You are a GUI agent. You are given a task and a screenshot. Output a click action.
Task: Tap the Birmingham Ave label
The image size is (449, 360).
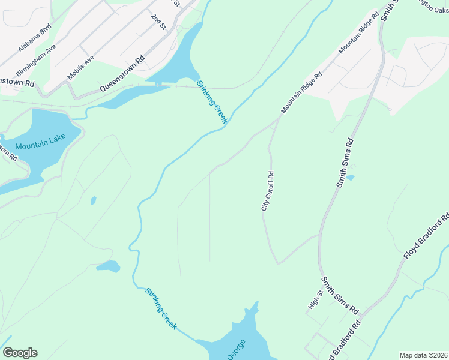coord(37,58)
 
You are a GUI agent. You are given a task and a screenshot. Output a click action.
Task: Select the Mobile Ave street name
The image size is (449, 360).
coord(80,68)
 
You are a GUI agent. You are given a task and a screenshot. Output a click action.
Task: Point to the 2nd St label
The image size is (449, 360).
coord(158,22)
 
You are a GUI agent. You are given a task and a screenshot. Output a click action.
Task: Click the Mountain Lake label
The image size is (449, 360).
coord(40,146)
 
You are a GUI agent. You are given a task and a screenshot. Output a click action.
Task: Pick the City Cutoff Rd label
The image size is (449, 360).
coord(268,191)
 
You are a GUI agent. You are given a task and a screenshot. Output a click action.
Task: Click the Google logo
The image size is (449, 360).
coord(20,353)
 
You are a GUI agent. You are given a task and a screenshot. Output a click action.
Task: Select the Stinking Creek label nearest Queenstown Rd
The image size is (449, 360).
coord(213,102)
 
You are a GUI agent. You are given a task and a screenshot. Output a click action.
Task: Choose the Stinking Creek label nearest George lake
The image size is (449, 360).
coord(161,308)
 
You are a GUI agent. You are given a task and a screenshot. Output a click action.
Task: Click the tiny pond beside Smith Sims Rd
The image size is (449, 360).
coord(350,178)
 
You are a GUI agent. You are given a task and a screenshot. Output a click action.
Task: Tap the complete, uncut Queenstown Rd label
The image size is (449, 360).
coord(122,73)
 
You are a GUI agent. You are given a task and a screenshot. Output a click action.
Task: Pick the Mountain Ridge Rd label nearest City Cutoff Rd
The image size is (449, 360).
coord(302,93)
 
